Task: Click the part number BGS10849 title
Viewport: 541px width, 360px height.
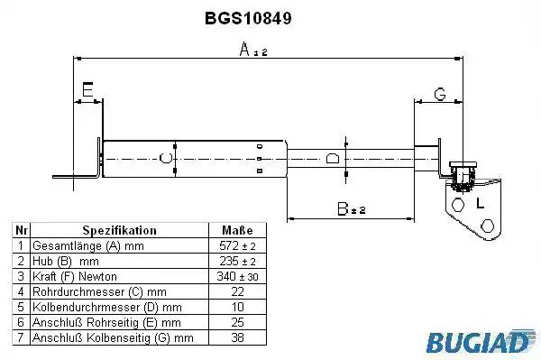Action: click(x=248, y=18)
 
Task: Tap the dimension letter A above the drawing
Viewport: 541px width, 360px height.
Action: click(x=244, y=49)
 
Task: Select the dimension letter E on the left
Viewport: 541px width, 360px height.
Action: click(x=87, y=89)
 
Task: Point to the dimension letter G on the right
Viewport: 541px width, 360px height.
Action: click(x=440, y=94)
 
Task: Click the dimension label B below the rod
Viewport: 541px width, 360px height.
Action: click(x=343, y=208)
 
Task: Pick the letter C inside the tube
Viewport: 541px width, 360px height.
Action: click(x=166, y=158)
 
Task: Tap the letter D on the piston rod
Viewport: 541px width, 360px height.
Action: click(x=333, y=158)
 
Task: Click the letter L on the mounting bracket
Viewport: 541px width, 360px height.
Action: click(x=480, y=203)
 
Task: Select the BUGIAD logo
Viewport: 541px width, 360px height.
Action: click(x=480, y=341)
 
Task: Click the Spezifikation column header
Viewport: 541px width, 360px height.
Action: click(x=119, y=230)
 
